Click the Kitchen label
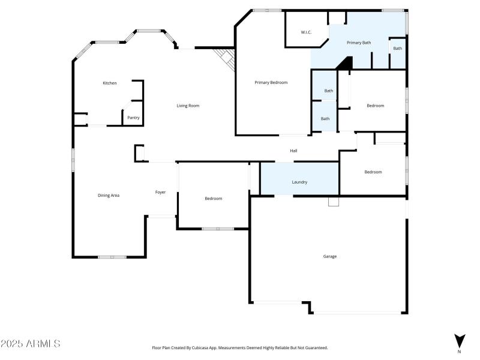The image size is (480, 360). [x=110, y=83]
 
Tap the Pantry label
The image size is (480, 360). [x=133, y=118]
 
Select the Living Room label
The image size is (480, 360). [x=188, y=106]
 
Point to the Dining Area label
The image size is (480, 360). [x=109, y=195]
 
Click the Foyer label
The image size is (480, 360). [x=160, y=192]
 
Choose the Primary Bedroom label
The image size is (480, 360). [x=271, y=82]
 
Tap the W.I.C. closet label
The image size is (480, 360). [x=306, y=32]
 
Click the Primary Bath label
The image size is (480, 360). [x=359, y=43]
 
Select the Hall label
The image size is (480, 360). [x=293, y=151]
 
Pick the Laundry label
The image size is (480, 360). [x=299, y=182]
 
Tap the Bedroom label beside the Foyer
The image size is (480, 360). [x=213, y=199]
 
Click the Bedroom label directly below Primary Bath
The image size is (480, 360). [x=375, y=106]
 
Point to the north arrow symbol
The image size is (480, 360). [x=460, y=341]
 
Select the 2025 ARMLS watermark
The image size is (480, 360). [x=30, y=344]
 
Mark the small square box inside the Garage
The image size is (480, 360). [x=334, y=202]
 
